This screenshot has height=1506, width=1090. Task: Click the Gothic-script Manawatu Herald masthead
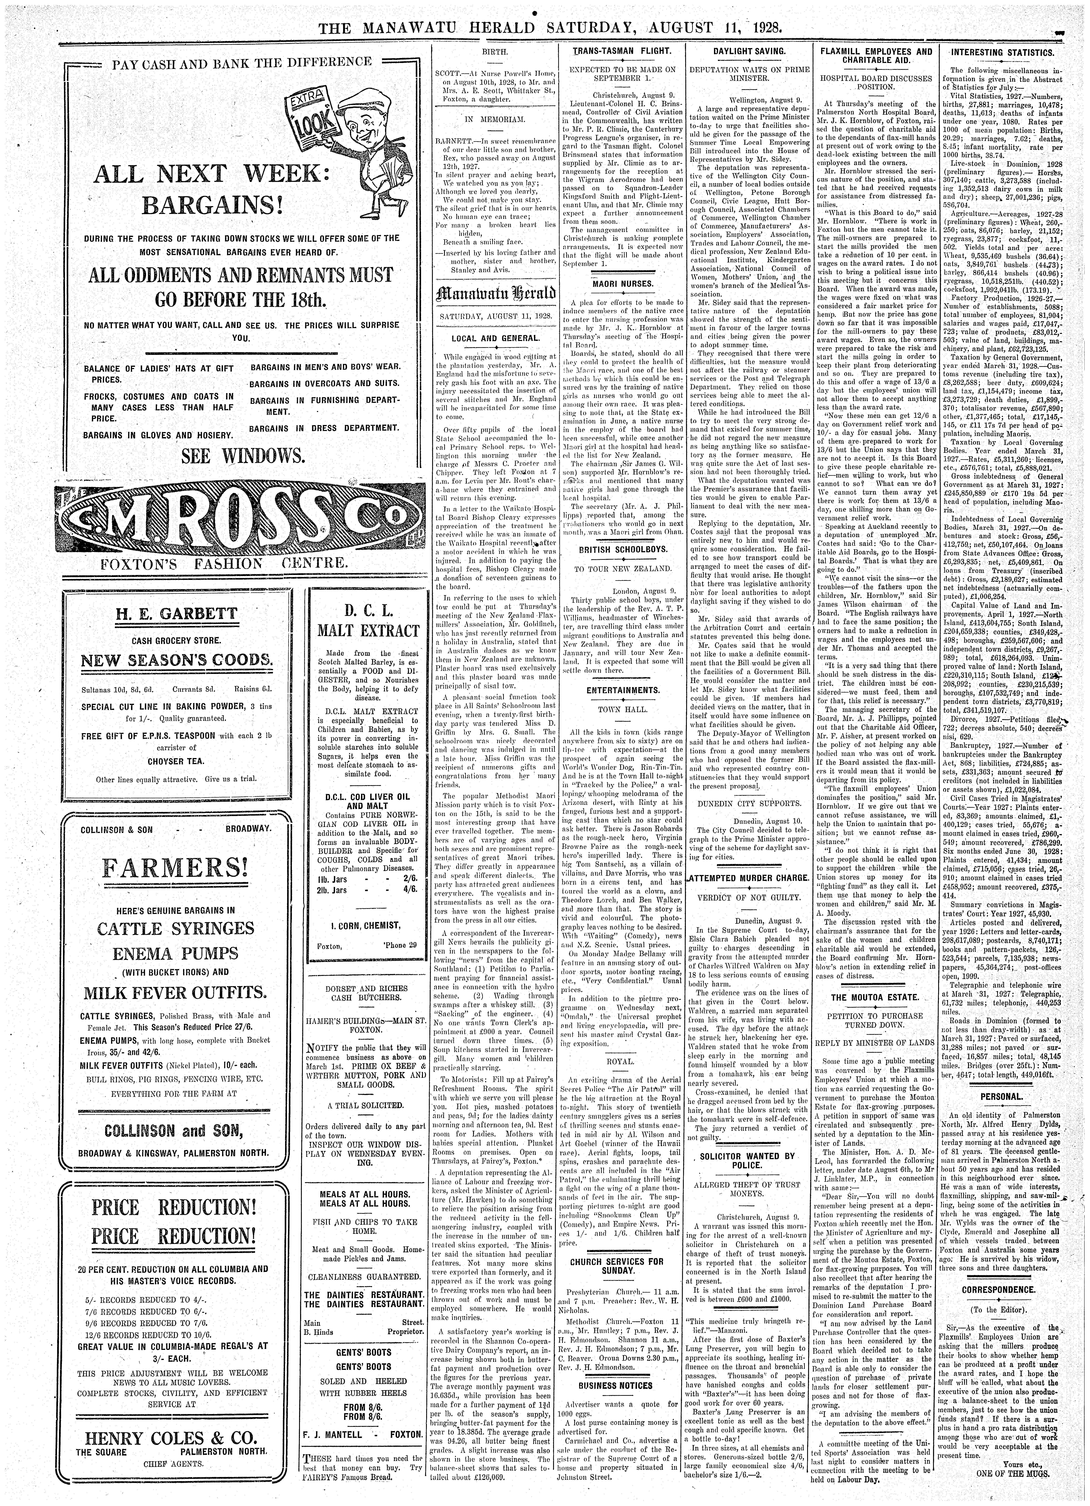click(x=495, y=293)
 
